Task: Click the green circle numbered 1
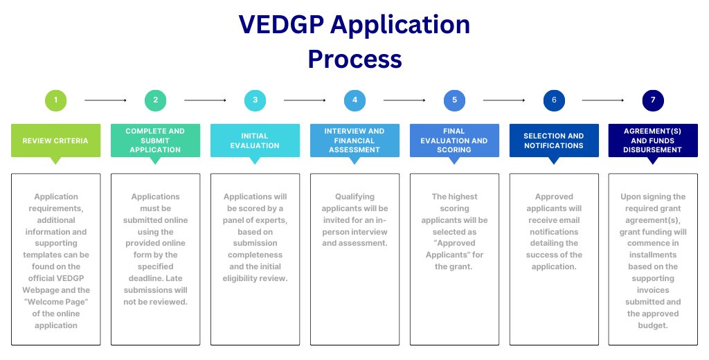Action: (x=55, y=100)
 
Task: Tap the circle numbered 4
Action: (x=354, y=100)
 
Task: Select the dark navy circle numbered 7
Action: (x=653, y=100)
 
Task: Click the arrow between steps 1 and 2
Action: (x=105, y=100)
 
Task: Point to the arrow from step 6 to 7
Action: (x=603, y=100)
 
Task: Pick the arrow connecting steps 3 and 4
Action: (x=305, y=100)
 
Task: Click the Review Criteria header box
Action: (x=55, y=141)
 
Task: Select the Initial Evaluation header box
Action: (x=255, y=141)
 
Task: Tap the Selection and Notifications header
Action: (x=554, y=141)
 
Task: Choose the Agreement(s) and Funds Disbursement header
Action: (x=653, y=141)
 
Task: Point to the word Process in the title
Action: (x=354, y=59)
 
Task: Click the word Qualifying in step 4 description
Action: (x=354, y=197)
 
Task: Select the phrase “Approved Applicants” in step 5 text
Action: (x=454, y=249)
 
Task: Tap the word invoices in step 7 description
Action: (x=653, y=290)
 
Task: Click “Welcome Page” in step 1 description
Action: (x=55, y=302)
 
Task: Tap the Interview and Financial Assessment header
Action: (x=354, y=141)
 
